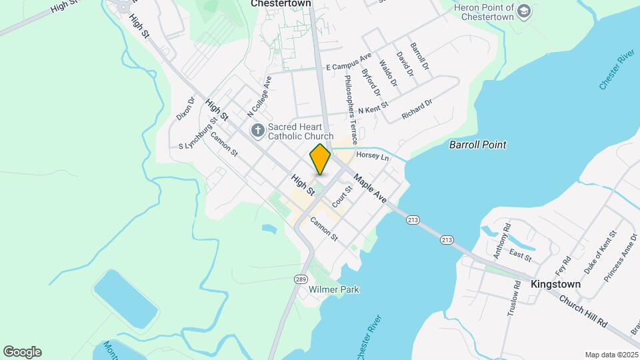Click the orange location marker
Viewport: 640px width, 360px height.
(x=320, y=159)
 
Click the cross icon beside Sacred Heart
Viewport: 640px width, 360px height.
(x=257, y=129)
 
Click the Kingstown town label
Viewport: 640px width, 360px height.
(x=555, y=284)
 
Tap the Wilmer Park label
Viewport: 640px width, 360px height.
(x=334, y=289)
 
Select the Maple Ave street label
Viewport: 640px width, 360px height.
(x=370, y=189)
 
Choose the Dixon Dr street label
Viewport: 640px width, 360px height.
(x=186, y=109)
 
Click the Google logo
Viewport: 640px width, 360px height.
(x=22, y=352)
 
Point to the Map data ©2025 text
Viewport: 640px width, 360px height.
(x=611, y=355)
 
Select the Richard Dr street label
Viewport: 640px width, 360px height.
(x=417, y=110)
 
